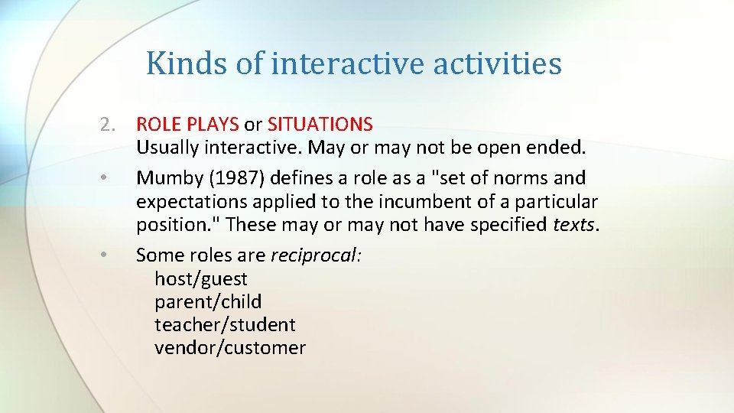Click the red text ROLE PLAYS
coord(187,124)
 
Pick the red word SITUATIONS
coord(320,124)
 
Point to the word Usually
coord(167,147)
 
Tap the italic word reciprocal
coord(316,255)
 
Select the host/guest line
coord(201,279)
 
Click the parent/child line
coord(208,302)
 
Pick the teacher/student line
coord(225,325)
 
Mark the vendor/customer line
coord(230,348)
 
